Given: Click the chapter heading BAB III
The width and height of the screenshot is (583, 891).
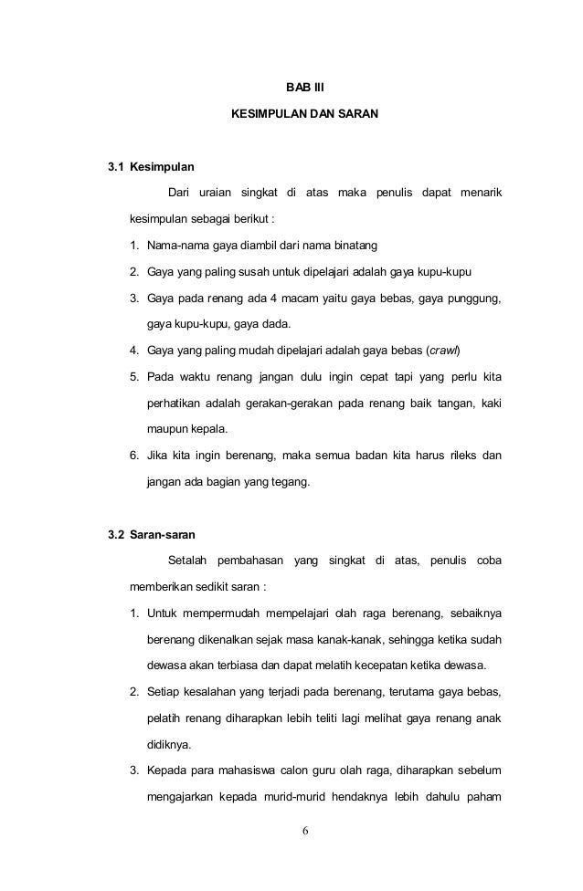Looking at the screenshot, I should click(299, 89).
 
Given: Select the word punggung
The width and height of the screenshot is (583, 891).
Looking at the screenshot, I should click(474, 298).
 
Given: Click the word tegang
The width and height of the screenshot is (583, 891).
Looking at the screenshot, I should click(288, 480).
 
